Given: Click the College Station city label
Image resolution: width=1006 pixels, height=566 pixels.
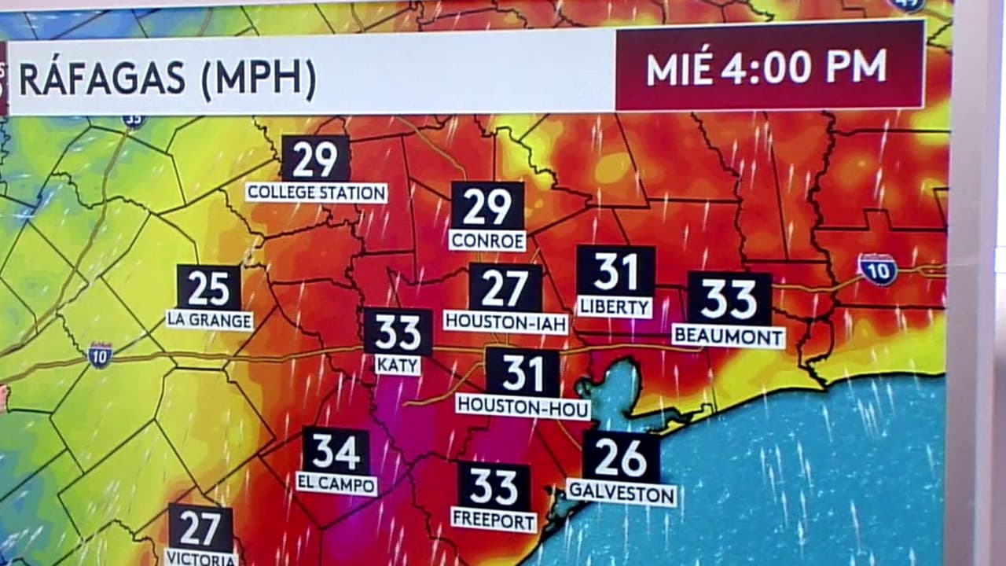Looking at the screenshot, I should pyautogui.click(x=316, y=193).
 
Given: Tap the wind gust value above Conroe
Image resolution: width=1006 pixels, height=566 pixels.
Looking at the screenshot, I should pyautogui.click(x=487, y=207).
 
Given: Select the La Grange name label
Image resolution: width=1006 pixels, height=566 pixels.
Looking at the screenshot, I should pyautogui.click(x=209, y=321).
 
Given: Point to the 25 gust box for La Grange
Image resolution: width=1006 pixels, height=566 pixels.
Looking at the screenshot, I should pyautogui.click(x=208, y=288).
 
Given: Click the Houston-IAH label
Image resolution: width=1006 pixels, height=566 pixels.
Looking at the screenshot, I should pyautogui.click(x=505, y=322).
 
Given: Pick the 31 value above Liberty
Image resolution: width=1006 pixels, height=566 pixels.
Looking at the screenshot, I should pyautogui.click(x=615, y=271).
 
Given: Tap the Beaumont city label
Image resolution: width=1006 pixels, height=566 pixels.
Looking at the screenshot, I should pyautogui.click(x=729, y=336).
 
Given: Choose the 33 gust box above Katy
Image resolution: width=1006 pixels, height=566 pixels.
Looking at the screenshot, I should pyautogui.click(x=398, y=332).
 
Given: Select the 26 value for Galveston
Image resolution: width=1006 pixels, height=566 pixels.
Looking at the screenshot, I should pyautogui.click(x=621, y=457).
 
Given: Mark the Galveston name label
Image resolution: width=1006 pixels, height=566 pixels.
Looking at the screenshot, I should pyautogui.click(x=621, y=494).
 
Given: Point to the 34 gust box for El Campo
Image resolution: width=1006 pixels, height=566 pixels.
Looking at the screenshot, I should pyautogui.click(x=336, y=451).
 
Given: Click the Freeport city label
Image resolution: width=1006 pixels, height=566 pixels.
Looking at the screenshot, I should pyautogui.click(x=494, y=520).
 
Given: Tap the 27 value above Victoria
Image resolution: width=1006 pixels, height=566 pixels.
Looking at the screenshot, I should pyautogui.click(x=200, y=527).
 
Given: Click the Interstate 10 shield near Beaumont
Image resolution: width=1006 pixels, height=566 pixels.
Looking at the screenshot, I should pyautogui.click(x=877, y=269).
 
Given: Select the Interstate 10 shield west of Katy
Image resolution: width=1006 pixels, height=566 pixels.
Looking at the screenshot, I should pyautogui.click(x=100, y=355).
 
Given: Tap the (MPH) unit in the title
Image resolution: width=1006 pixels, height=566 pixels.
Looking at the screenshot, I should pyautogui.click(x=259, y=80).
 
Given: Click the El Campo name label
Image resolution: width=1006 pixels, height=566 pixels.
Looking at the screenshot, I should pyautogui.click(x=336, y=483).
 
